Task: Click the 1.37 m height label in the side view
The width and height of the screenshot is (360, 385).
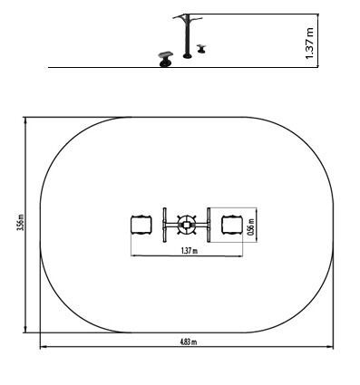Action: (310, 43)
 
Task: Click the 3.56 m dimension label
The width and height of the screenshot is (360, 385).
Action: (20, 222)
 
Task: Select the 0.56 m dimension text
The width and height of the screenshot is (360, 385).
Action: (250, 226)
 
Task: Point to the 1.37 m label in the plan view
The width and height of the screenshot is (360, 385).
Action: (190, 251)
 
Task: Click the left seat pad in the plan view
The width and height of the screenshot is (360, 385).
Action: (141, 225)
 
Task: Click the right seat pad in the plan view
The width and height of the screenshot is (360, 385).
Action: (232, 225)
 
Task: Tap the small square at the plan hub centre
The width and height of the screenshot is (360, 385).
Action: (187, 225)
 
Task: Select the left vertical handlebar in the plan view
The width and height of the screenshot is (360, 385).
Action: (164, 225)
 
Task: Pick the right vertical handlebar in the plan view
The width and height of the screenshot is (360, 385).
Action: (209, 225)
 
